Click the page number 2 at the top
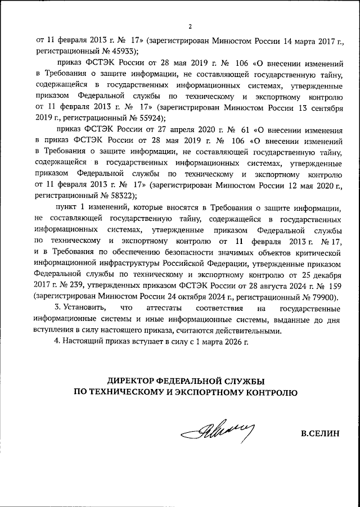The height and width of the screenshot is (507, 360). pos(190,26)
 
